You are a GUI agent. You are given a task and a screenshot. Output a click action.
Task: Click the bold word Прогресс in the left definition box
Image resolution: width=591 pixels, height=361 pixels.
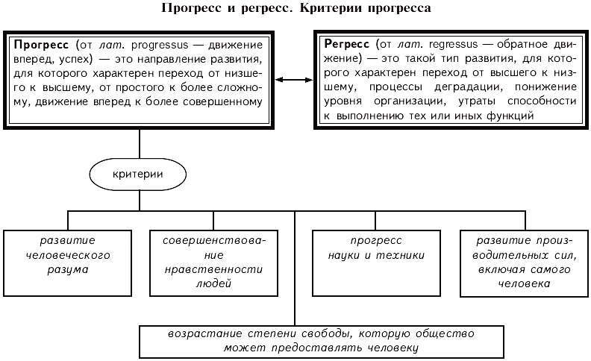pyautogui.click(x=41, y=45)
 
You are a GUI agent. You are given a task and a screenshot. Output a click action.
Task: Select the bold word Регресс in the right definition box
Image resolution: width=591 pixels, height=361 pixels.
pyautogui.click(x=347, y=45)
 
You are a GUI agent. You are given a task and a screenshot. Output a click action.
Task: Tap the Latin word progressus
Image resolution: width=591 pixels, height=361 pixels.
pyautogui.click(x=160, y=45)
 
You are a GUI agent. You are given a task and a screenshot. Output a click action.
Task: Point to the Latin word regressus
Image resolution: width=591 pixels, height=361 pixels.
pyautogui.click(x=454, y=45)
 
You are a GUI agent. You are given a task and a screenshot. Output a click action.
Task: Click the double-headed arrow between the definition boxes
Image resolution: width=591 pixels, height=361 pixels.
pyautogui.click(x=294, y=80)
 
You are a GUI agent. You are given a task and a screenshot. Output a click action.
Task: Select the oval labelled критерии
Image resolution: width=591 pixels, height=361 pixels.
pyautogui.click(x=138, y=174)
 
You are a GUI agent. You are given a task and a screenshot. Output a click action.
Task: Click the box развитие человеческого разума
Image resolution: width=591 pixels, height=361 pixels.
pyautogui.click(x=68, y=263)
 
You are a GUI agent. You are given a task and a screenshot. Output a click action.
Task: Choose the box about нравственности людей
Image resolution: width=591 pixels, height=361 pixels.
pyautogui.click(x=213, y=263)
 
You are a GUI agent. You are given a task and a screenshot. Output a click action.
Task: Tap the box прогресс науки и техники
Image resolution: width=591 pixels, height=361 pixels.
pyautogui.click(x=377, y=263)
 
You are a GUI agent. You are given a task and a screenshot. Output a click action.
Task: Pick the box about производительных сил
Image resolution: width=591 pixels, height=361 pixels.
pyautogui.click(x=525, y=263)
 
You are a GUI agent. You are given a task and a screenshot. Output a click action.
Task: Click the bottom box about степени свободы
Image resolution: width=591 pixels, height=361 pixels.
pyautogui.click(x=322, y=342)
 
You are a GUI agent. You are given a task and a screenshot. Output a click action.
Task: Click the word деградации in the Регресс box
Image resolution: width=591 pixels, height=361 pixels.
pyautogui.click(x=469, y=87)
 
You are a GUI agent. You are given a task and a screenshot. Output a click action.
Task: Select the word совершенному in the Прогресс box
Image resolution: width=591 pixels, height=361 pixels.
pyautogui.click(x=230, y=102)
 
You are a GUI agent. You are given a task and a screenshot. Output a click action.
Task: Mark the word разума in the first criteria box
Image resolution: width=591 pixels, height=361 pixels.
pyautogui.click(x=68, y=270)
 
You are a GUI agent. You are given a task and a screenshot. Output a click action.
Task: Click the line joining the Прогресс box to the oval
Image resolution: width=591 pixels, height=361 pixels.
pyautogui.click(x=140, y=144)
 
